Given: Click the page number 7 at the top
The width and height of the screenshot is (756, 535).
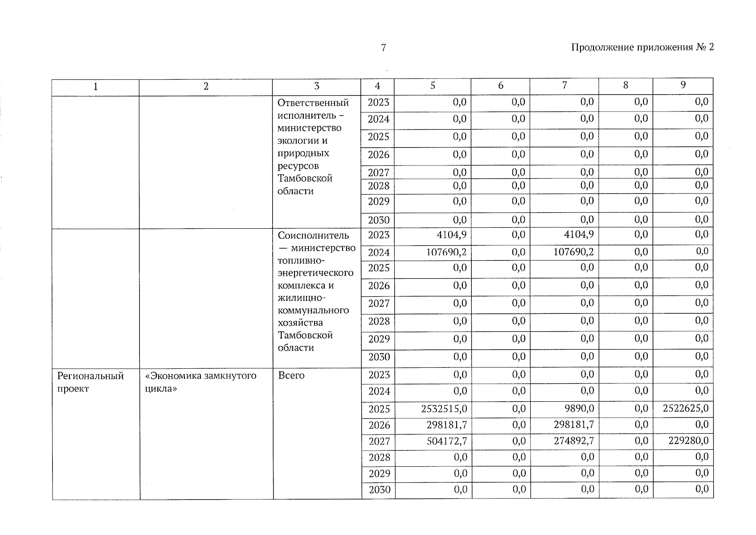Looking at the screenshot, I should pos(383,48).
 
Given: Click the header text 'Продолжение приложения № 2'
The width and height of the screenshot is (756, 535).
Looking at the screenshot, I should pos(642,47).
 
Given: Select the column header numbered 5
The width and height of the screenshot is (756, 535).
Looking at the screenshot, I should pos(433,86).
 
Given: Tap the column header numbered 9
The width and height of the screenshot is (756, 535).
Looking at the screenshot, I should pos(683,85).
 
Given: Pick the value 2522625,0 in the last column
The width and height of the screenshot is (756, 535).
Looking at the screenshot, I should pos(685,408).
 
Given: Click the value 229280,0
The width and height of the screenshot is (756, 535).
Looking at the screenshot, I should pos(688,441).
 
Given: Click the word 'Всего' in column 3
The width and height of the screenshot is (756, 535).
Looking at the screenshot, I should pos(291,375).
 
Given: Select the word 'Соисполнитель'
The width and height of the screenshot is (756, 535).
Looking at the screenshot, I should pos(313,235).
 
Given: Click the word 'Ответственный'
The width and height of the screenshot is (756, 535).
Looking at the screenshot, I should pos(313,103).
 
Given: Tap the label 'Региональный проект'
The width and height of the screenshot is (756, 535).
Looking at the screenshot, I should pos(90,382).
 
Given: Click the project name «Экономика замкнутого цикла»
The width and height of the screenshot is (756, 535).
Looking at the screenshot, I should pos(200,382).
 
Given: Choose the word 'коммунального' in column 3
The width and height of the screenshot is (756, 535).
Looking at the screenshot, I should pos(313,310).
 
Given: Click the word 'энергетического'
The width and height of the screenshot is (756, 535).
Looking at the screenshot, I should pos(315,272).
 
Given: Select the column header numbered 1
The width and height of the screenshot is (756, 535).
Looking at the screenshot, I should pos(95,86).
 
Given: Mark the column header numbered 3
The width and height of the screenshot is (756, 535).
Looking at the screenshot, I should pos(316,86).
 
